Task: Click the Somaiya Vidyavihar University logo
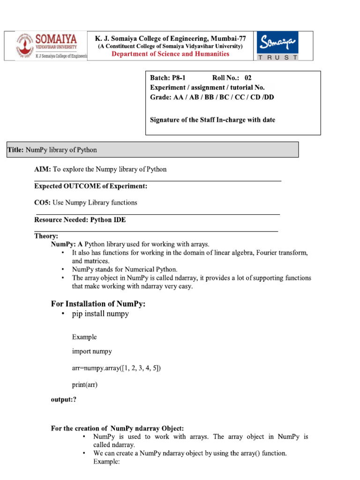coord(47,46)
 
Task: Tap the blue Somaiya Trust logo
coord(278,46)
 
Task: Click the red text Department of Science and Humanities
coord(170,54)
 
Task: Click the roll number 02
coord(248,78)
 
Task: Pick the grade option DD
coord(269,97)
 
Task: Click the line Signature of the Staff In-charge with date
coord(212,120)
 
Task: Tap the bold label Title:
coord(15,150)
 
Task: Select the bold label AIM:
coord(43,169)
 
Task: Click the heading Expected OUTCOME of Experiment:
coord(90,186)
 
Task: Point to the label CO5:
coord(43,202)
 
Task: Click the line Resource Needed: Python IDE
coord(80,219)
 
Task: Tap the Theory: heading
coord(46,236)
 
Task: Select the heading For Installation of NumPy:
coord(98,304)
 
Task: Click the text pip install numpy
coord(100,314)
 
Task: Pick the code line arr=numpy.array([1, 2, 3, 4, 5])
coord(116,368)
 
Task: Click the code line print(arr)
coord(85,385)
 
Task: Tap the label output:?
coord(63,399)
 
